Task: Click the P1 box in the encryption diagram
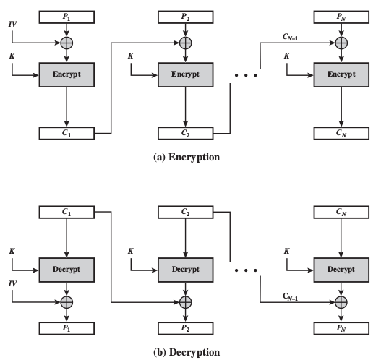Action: pyautogui.click(x=67, y=15)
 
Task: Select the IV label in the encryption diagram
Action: pyautogui.click(x=13, y=25)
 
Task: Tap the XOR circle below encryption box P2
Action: pyautogui.click(x=186, y=43)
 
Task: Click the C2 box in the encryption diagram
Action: pyautogui.click(x=186, y=133)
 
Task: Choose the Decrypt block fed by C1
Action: pyautogui.click(x=67, y=267)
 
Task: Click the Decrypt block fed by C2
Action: pyautogui.click(x=186, y=267)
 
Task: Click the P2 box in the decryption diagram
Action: pyautogui.click(x=186, y=327)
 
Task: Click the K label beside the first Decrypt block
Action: pyautogui.click(x=12, y=250)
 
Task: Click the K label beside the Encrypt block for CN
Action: pyautogui.click(x=287, y=55)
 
